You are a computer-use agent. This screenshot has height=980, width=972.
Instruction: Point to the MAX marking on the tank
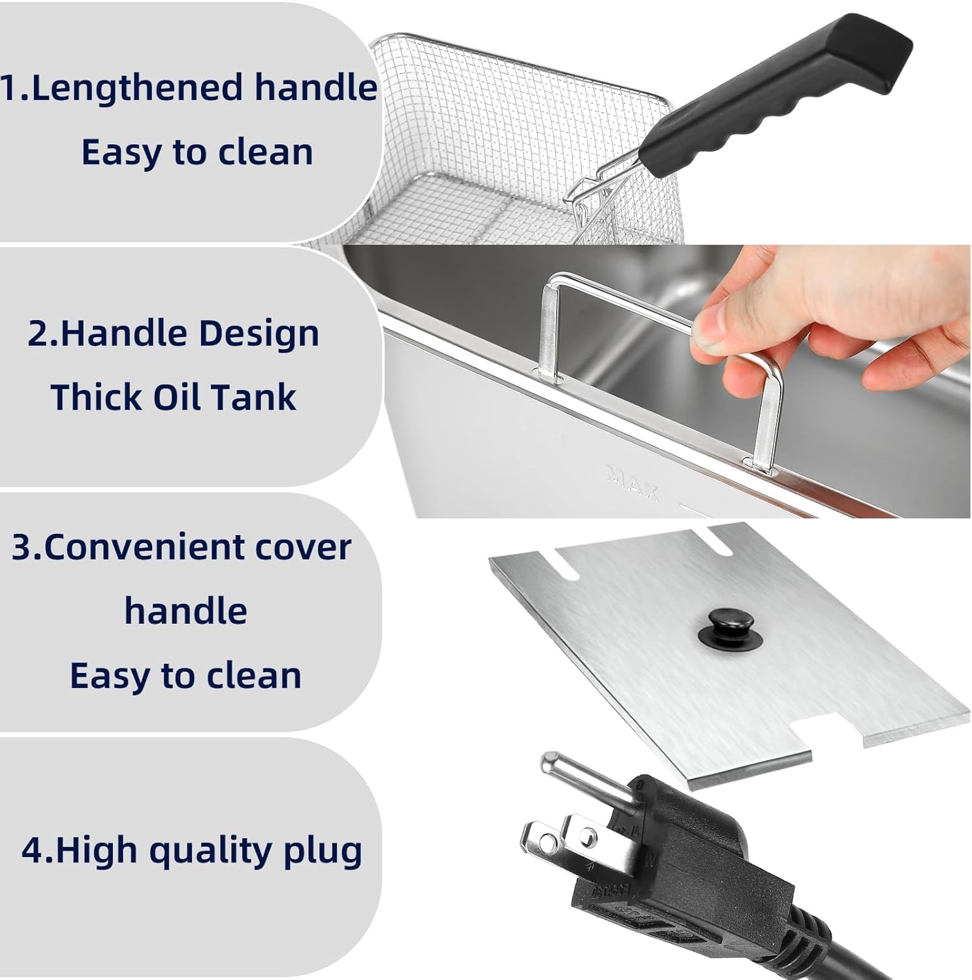tap(631, 482)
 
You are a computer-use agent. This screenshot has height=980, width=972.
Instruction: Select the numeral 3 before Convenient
tap(22, 547)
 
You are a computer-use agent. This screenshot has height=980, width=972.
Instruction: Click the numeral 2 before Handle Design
tap(37, 333)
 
